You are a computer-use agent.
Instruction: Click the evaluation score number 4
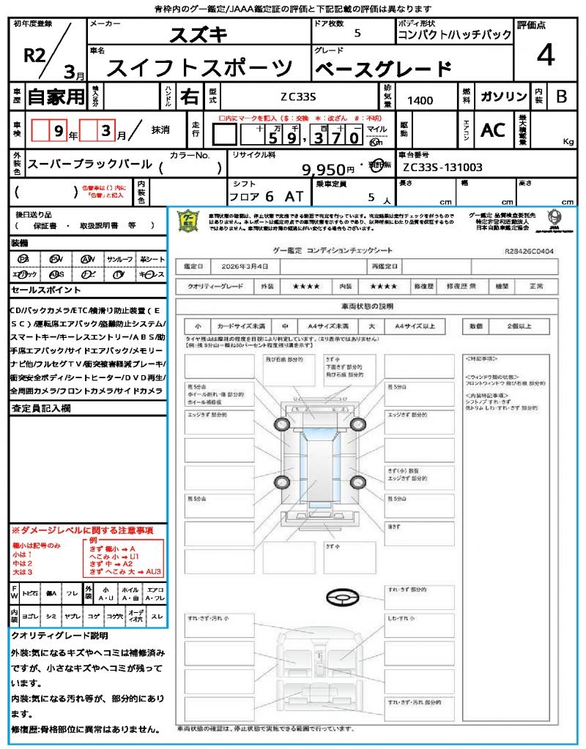coord(546,55)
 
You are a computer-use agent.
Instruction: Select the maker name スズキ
coord(199,34)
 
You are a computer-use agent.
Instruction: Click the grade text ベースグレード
coord(382,69)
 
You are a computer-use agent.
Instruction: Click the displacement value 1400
coord(420,100)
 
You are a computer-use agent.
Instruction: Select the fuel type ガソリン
coord(503,97)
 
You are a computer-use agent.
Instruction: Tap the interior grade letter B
coord(561,97)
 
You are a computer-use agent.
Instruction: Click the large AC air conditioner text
coord(493,130)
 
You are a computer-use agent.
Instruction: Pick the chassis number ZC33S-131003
coord(442,168)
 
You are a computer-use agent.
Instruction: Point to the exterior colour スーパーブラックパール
coord(89,165)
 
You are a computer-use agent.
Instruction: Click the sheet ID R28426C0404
coord(529,251)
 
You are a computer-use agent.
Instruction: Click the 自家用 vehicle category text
coord(56,97)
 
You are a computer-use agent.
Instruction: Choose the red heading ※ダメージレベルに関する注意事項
coord(82,530)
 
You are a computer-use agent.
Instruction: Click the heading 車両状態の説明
coord(367,306)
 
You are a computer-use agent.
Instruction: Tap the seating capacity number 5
coord(370,197)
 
